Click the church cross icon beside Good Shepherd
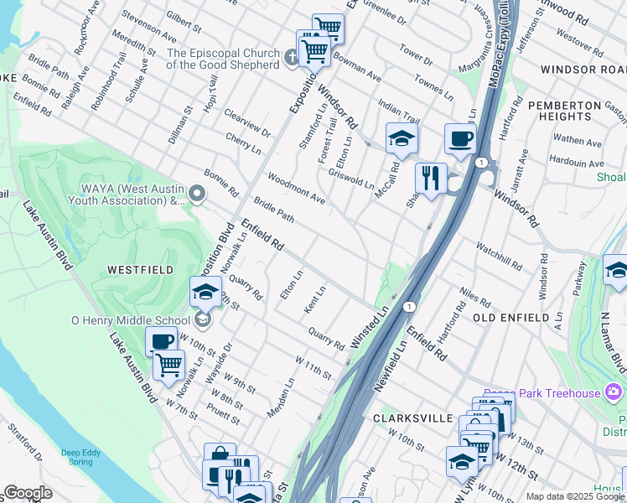pyautogui.click(x=291, y=58)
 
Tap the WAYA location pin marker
pyautogui.click(x=197, y=194)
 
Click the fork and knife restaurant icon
pyautogui.click(x=430, y=178)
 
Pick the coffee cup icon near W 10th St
pyautogui.click(x=161, y=340)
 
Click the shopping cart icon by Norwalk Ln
pyautogui.click(x=168, y=365)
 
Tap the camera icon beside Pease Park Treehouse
pyautogui.click(x=615, y=392)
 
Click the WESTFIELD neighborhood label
pyautogui.click(x=140, y=270)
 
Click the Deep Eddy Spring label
pyautogui.click(x=83, y=458)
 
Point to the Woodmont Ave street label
pyautogui.click(x=296, y=189)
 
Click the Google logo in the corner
pyautogui.click(x=28, y=493)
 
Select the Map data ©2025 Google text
pyautogui.click(x=575, y=496)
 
